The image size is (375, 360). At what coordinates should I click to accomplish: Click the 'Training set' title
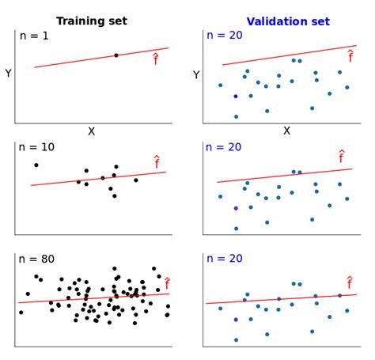[x=91, y=21]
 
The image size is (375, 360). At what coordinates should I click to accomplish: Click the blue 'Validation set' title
[x=287, y=21]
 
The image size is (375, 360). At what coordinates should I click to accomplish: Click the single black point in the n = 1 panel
[x=116, y=55]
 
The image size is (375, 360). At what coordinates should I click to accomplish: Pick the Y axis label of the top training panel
[x=8, y=74]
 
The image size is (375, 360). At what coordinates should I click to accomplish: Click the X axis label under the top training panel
[x=91, y=131]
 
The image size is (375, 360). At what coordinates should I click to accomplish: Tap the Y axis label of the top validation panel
[x=196, y=74]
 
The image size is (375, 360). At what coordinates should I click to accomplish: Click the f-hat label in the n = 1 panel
[x=155, y=58]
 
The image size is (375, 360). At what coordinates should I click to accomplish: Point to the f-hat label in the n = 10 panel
[x=157, y=161]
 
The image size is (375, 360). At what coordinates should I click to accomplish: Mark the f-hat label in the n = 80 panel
[x=166, y=282]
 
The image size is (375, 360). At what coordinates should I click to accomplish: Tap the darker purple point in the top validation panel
[x=236, y=97]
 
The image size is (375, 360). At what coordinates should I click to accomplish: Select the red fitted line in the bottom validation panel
[x=277, y=298]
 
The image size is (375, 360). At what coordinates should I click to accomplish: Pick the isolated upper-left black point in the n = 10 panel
[x=36, y=165]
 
